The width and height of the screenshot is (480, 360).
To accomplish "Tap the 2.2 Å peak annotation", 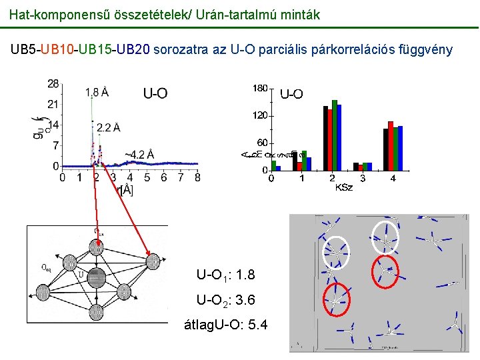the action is [108, 127].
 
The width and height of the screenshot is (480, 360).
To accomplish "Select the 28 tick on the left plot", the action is [53, 83].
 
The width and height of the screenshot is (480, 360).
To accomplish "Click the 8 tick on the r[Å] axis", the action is [198, 177].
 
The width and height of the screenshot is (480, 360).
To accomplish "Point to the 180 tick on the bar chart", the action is [260, 88].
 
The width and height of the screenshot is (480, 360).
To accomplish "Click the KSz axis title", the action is [344, 188].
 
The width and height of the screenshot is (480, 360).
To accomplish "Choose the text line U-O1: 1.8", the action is [225, 275].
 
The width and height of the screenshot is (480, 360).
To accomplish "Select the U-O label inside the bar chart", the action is [291, 95].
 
